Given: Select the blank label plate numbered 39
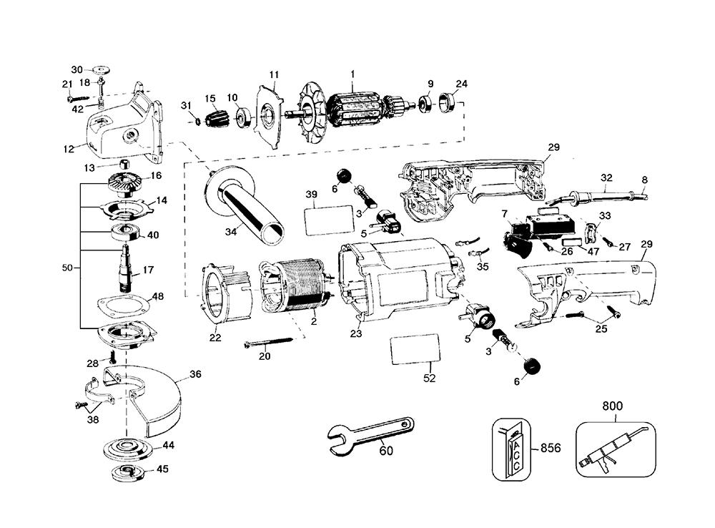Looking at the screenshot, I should (x=328, y=220).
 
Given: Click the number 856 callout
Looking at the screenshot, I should (x=550, y=448).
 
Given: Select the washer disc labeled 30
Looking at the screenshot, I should (x=101, y=70).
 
